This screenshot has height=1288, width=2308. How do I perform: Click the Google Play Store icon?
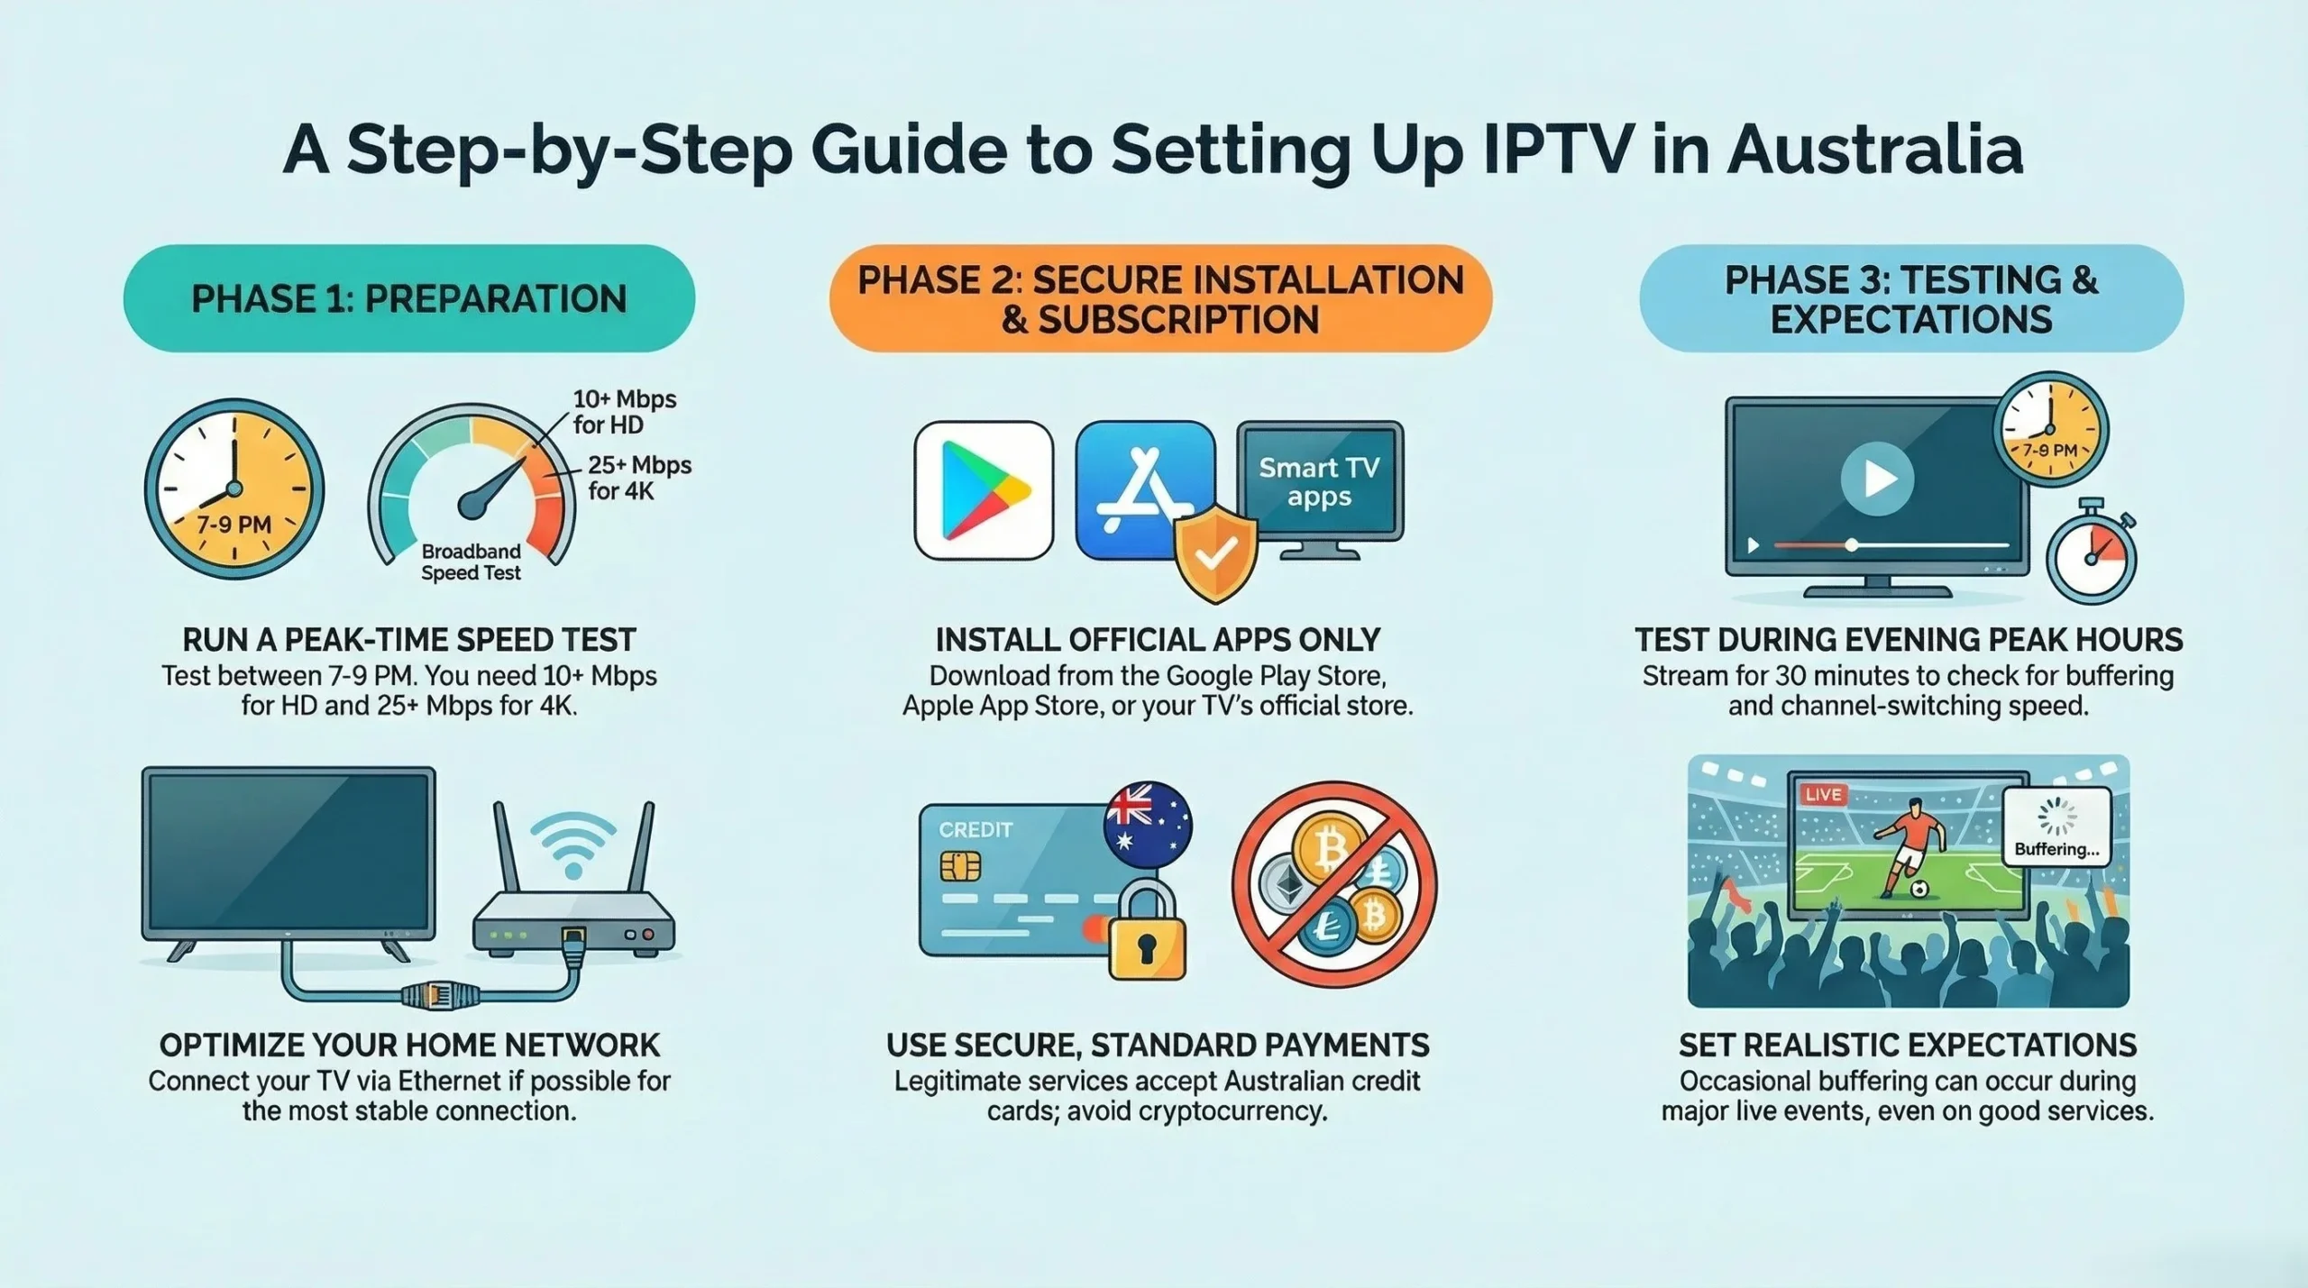984,490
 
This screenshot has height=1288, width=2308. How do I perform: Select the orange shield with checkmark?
1215,553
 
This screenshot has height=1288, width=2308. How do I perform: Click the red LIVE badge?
1823,794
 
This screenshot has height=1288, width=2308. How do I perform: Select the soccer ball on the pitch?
1919,889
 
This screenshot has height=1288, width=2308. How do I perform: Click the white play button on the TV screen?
1877,478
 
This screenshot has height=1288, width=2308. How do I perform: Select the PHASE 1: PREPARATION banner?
409,298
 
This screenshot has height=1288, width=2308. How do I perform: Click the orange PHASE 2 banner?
1160,298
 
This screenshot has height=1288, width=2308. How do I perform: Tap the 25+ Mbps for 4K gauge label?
638,478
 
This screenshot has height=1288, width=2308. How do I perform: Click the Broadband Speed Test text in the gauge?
471,562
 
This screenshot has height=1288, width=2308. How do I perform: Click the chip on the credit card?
959,865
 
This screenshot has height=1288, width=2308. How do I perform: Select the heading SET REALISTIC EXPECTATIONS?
1907,1045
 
